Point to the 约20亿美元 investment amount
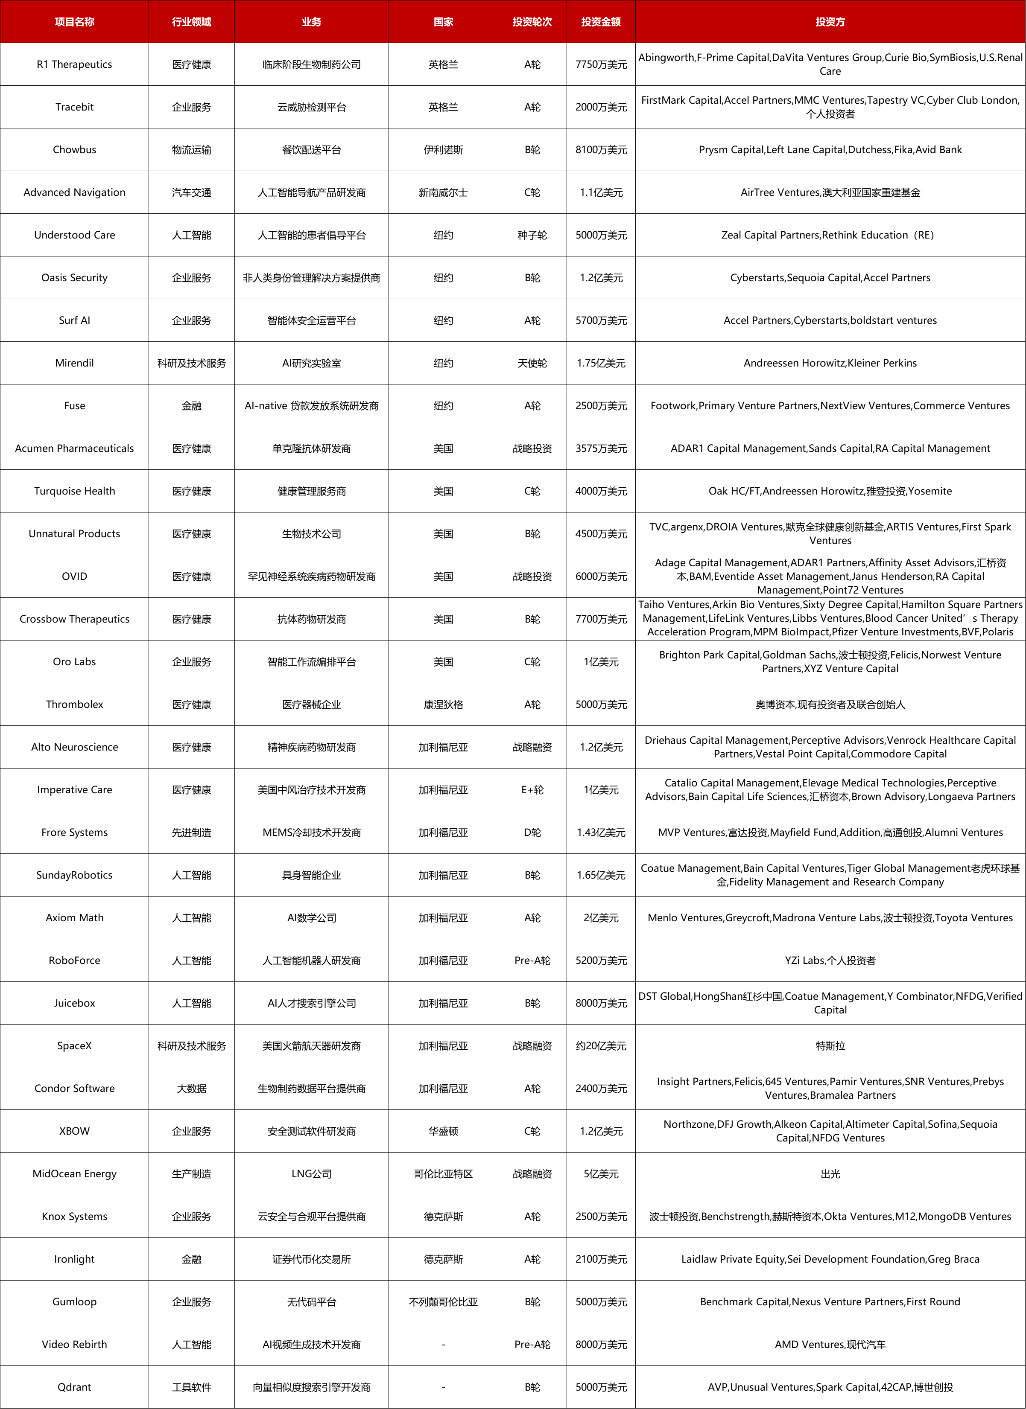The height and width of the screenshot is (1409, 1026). (600, 1045)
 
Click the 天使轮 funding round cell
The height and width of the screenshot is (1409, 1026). (532, 363)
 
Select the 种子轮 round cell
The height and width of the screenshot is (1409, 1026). (532, 235)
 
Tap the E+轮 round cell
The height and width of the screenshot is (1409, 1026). (532, 789)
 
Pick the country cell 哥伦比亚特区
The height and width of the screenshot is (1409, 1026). (443, 1173)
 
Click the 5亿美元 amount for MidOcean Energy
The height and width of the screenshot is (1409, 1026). (600, 1173)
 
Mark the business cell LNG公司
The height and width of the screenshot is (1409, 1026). (311, 1173)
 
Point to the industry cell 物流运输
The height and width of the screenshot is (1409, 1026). (191, 150)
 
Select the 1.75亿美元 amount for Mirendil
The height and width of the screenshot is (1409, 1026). (600, 363)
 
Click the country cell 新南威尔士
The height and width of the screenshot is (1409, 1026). (443, 192)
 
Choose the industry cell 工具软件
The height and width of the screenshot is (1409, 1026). (191, 1387)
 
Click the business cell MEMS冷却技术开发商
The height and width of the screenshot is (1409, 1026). (311, 833)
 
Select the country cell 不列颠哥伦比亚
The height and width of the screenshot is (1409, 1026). (443, 1301)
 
